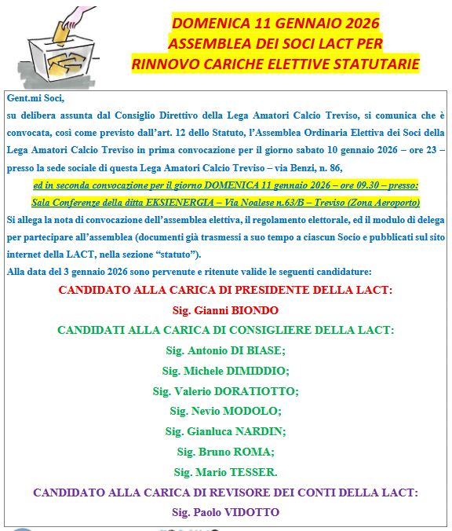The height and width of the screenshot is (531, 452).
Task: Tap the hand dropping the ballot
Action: (75, 15)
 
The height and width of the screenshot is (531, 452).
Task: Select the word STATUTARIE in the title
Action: (375, 63)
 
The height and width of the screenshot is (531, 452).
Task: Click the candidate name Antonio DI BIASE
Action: (225, 350)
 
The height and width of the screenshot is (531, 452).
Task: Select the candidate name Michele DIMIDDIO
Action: (225, 371)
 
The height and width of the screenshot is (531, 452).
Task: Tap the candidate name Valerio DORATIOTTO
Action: (225, 390)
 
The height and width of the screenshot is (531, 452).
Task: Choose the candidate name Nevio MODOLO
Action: (225, 411)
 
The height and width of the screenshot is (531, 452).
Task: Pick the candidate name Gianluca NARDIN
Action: (225, 431)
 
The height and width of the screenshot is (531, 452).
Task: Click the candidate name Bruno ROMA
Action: (225, 452)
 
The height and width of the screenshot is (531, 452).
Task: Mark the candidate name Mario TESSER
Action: (225, 472)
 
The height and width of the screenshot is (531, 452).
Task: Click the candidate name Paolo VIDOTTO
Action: (225, 513)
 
